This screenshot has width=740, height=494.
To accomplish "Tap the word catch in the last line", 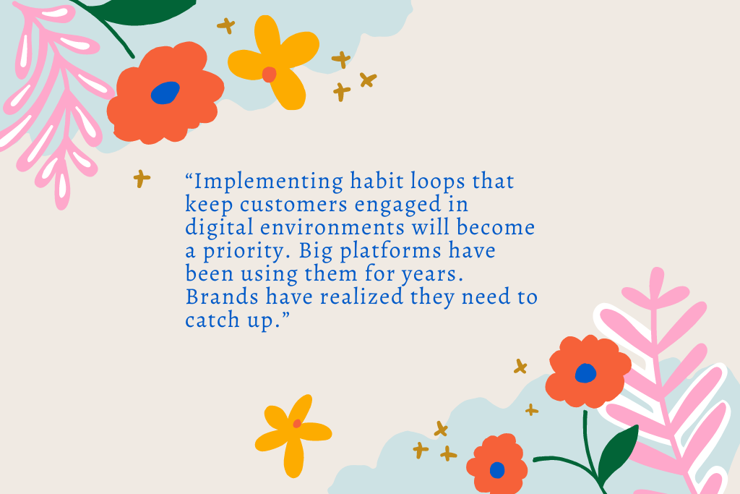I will tap(207, 320).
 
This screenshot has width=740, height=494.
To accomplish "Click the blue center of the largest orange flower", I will tap(165, 93).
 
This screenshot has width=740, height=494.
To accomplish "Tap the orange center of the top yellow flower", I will tap(269, 74).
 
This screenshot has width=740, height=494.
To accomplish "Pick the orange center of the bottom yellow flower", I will tap(296, 424).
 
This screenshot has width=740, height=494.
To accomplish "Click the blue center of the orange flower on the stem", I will tap(585, 373).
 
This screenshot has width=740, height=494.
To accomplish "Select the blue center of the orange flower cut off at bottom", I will tap(497, 470).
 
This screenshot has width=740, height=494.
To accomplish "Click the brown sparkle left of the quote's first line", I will tap(142, 178).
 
